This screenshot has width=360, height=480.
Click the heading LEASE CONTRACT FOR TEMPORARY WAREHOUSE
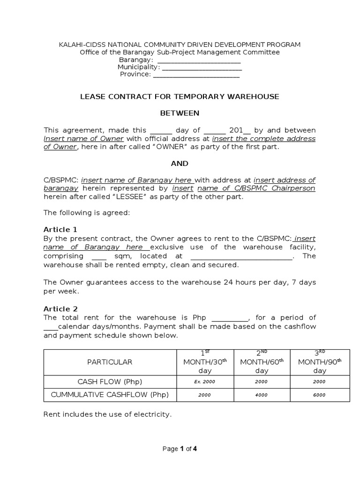(180, 97)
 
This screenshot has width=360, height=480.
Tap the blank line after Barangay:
(199, 60)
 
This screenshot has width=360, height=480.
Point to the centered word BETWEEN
(180, 113)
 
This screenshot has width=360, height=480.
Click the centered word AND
(180, 164)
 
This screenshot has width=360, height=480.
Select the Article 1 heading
(60, 230)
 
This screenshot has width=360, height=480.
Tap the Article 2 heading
(60, 309)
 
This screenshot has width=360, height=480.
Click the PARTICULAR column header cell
(109, 362)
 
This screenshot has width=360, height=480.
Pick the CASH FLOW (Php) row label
(109, 382)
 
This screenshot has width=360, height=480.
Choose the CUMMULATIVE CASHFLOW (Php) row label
(109, 395)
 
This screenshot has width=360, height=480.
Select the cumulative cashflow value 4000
(261, 395)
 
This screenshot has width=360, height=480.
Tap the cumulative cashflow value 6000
(319, 395)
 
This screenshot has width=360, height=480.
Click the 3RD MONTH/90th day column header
(320, 362)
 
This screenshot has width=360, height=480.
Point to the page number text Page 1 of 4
(180, 449)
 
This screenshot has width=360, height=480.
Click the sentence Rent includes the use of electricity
(107, 414)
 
